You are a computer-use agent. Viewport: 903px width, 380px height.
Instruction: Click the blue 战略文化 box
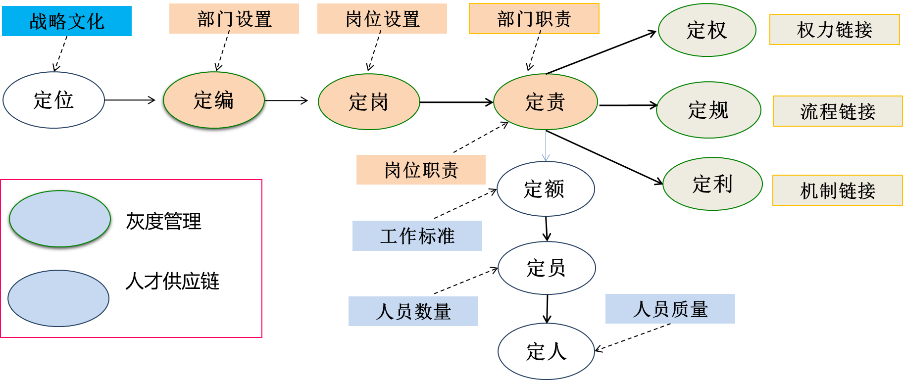[x=67, y=21]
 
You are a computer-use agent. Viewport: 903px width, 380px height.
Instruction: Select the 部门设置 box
[x=234, y=19]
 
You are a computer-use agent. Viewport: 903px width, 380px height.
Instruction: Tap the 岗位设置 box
[x=382, y=19]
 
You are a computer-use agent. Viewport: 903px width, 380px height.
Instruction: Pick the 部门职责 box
[x=534, y=19]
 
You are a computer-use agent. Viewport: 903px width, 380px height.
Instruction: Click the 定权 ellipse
[x=707, y=30]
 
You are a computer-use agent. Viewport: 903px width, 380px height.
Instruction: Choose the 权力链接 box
[x=834, y=30]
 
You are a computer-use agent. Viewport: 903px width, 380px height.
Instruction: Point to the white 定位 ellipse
[x=53, y=100]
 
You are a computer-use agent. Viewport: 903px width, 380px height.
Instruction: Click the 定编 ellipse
[x=214, y=100]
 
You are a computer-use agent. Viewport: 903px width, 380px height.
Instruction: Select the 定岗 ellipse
[x=369, y=102]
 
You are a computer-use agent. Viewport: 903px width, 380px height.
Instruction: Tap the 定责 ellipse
[x=546, y=102]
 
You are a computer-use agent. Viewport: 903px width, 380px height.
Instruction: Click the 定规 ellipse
[x=708, y=110]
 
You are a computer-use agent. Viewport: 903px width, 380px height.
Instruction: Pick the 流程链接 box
[x=838, y=111]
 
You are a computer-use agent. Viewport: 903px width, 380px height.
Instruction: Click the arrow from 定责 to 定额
[x=546, y=145]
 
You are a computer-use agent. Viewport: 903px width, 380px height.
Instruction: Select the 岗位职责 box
[x=421, y=170]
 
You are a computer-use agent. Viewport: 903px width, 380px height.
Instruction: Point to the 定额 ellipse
[x=546, y=189]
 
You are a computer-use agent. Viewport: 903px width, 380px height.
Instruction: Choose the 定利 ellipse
[x=712, y=184]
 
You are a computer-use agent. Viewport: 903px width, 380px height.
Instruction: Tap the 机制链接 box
[x=838, y=190]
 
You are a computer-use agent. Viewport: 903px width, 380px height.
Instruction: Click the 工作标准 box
[x=417, y=236]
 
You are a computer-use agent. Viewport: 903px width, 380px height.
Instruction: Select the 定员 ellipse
[x=547, y=268]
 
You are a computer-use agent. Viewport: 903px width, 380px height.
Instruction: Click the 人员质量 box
[x=670, y=309]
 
